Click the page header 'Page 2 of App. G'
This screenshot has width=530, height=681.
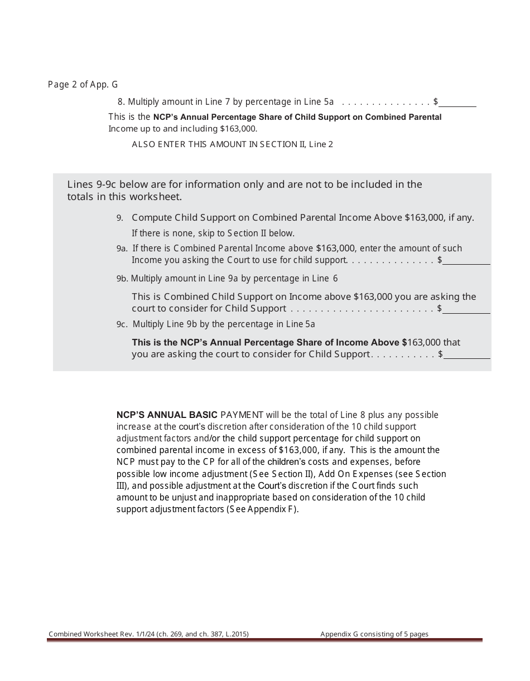[83, 85]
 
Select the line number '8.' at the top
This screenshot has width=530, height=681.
[121, 102]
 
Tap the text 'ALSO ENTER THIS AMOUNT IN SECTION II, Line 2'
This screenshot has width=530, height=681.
[232, 144]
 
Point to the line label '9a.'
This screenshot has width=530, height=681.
[122, 249]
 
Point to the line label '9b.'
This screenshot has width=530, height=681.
[122, 279]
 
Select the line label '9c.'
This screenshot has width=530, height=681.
[122, 324]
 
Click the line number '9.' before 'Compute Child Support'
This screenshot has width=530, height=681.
[119, 218]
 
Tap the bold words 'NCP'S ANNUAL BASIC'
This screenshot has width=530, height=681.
[167, 415]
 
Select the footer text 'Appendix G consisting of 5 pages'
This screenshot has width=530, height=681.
[374, 634]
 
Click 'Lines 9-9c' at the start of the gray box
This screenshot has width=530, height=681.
[91, 184]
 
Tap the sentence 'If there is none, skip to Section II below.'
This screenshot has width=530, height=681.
[213, 234]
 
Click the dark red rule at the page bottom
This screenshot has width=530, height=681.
[264, 640]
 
